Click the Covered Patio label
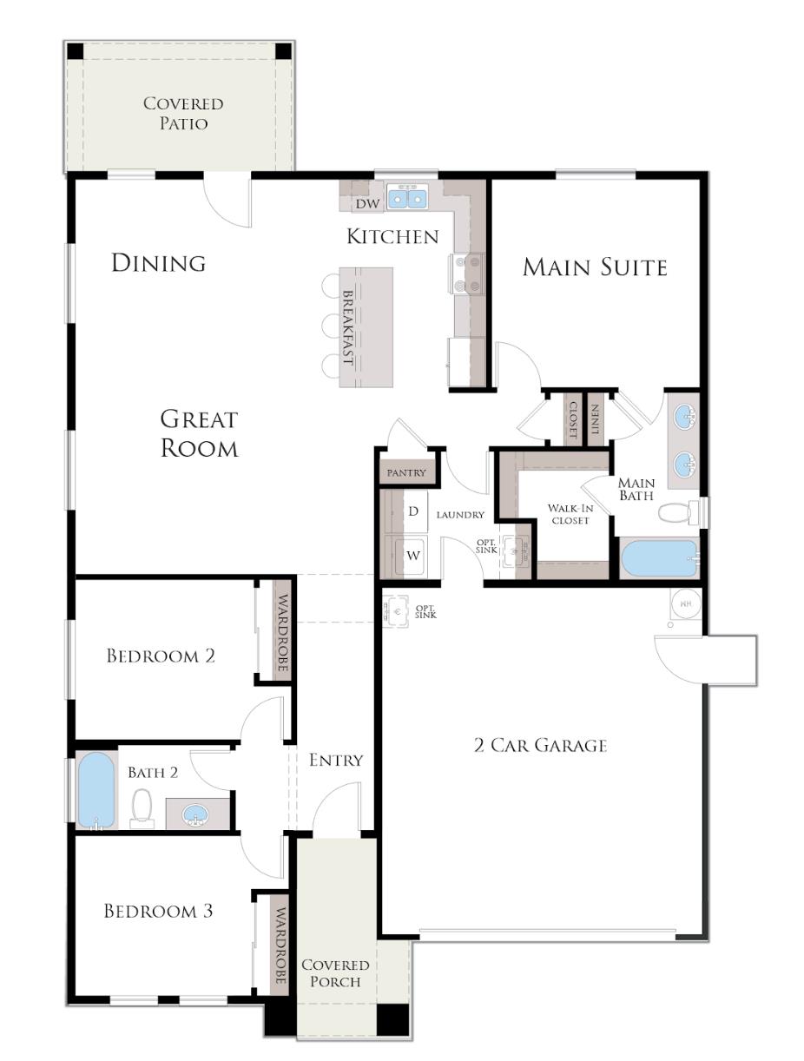183,113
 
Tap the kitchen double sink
406,199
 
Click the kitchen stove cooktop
469,273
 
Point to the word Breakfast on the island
347,327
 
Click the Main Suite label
595,267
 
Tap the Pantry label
406,473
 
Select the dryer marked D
413,511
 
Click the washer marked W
413,555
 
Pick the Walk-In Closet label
570,514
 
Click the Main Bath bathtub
660,558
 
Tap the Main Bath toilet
675,512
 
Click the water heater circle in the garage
685,602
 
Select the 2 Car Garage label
540,745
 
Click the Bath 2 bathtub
96,790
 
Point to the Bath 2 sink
197,815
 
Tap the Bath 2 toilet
142,807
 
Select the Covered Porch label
335,973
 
